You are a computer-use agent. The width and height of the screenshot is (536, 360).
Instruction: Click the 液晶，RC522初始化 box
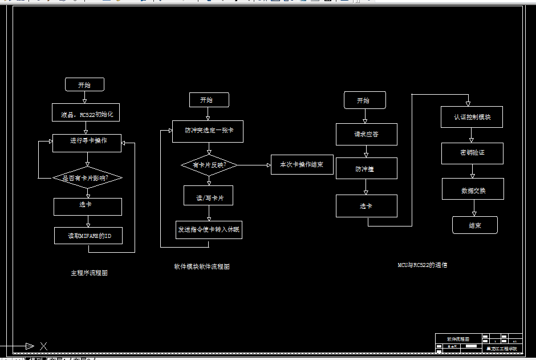[x=87, y=114]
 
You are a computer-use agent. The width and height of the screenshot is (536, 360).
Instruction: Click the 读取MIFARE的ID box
[x=88, y=236]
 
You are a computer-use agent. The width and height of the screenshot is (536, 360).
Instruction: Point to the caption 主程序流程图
[x=89, y=273]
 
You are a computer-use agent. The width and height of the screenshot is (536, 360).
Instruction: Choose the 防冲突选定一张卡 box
[x=208, y=131]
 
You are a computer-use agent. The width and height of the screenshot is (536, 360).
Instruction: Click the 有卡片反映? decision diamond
[x=209, y=165]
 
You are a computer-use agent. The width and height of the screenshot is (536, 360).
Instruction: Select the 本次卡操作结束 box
[x=302, y=165]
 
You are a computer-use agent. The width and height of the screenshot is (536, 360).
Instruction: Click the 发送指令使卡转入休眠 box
[x=209, y=229]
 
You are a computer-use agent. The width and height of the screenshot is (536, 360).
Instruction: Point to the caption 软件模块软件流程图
[x=202, y=266]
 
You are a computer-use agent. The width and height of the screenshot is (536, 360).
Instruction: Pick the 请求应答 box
[x=366, y=134]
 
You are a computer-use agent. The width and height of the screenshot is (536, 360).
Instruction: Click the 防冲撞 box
[x=366, y=169]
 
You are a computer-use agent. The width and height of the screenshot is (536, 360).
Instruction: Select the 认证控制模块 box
[x=472, y=117]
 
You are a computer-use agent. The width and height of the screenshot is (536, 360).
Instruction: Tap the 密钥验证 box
[x=472, y=153]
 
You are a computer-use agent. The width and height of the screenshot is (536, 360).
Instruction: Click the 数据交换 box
[x=473, y=189]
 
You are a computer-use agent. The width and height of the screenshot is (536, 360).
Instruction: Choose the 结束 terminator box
[x=474, y=225]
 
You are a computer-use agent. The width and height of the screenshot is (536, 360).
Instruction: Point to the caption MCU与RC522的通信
[x=423, y=265]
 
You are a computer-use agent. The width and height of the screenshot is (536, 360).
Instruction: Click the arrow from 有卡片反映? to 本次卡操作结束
[x=254, y=165]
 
